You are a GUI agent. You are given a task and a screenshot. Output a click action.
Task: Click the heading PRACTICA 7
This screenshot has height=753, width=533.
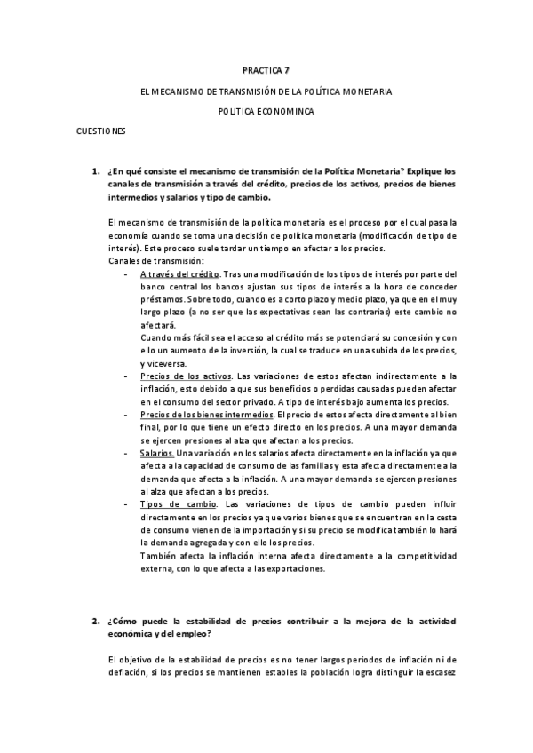point(266,69)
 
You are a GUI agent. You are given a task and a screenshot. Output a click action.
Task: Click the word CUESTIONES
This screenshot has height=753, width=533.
point(101,131)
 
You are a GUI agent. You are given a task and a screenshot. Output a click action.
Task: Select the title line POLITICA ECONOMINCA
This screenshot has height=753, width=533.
point(266,111)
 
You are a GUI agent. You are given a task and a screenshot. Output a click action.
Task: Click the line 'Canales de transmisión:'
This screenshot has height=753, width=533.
point(155,261)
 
